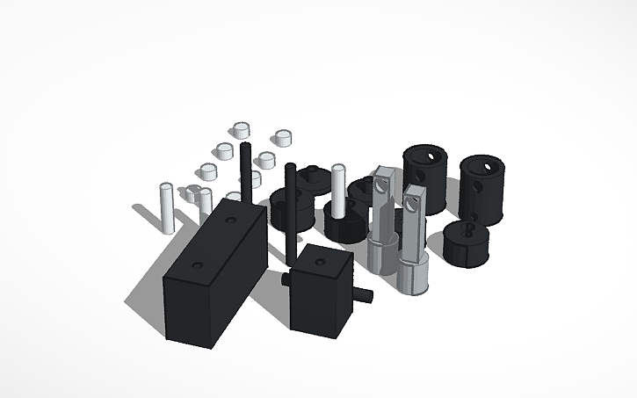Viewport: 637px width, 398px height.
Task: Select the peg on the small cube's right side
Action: tap(365, 295)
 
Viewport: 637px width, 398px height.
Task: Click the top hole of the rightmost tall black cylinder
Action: tap(481, 163)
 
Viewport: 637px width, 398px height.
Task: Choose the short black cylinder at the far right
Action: tap(466, 243)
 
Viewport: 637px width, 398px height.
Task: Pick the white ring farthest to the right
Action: tap(283, 138)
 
